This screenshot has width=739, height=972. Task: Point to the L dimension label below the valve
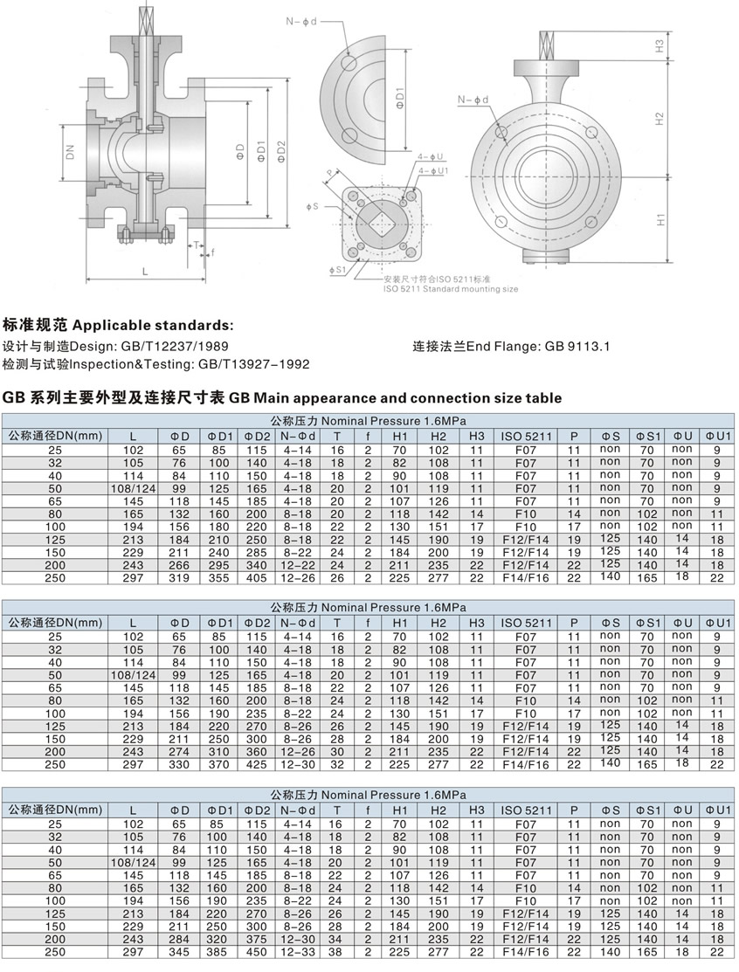point(145,272)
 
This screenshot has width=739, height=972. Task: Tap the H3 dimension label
point(660,45)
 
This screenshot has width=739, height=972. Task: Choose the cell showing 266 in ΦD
point(177,564)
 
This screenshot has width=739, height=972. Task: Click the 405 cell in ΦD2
point(257,577)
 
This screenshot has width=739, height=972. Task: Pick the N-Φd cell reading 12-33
point(299,951)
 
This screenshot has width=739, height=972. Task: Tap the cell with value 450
point(257,951)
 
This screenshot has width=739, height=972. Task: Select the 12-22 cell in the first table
point(299,564)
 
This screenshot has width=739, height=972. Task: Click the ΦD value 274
point(177,751)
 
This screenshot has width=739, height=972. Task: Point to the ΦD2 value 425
point(257,764)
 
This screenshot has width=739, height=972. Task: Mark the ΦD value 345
point(177,951)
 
